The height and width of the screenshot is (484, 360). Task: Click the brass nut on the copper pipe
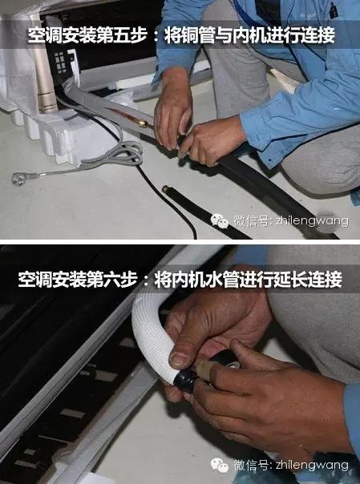(x=144, y=123)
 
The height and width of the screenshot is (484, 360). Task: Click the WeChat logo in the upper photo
(x=220, y=220)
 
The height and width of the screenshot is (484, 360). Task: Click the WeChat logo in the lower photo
(x=220, y=466)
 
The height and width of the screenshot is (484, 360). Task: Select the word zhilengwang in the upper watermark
(x=312, y=221)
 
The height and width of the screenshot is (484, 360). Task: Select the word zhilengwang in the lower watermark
(x=312, y=466)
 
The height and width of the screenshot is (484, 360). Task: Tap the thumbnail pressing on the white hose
(x=179, y=359)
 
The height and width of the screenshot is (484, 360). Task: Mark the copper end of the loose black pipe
(x=166, y=188)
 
